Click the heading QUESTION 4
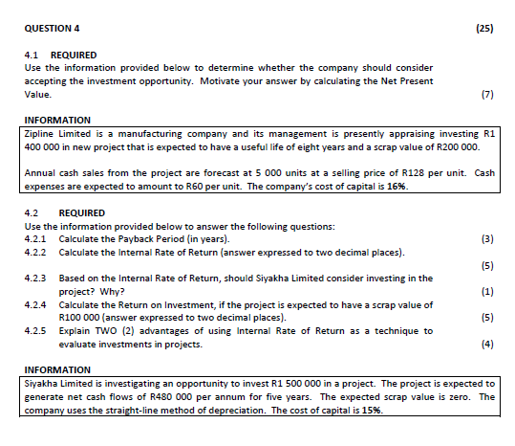coord(52,29)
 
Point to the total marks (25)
coord(483,29)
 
